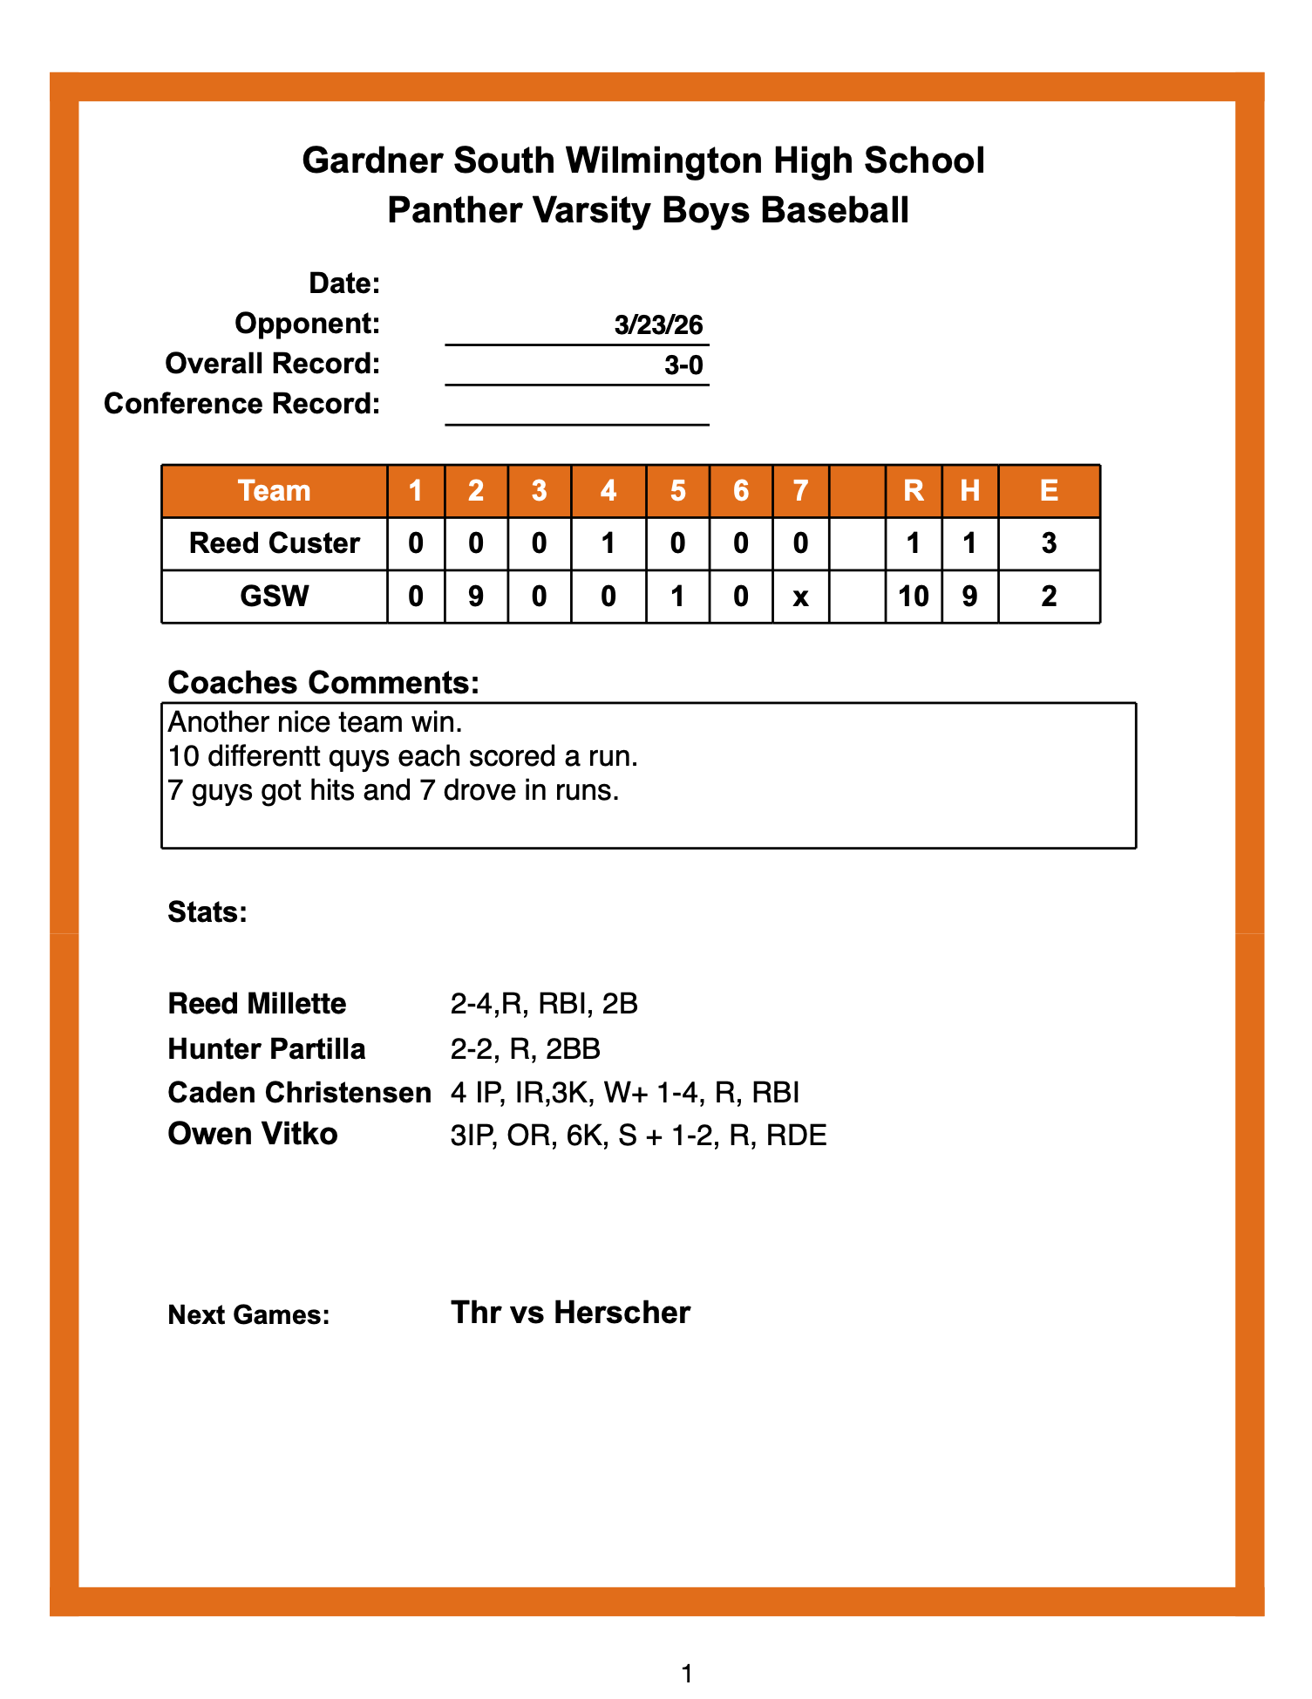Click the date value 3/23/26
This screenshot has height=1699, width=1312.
click(658, 325)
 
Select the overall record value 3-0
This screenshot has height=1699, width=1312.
click(683, 365)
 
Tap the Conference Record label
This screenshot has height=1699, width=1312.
click(242, 404)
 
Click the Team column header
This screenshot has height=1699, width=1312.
click(275, 491)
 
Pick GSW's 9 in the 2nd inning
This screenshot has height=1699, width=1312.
click(476, 597)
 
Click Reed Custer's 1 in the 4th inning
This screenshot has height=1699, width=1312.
click(608, 543)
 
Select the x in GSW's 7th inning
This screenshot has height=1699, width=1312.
click(800, 597)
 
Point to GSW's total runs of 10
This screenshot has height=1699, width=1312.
click(913, 597)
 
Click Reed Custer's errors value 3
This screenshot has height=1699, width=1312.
click(1049, 543)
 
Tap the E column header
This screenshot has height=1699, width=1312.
click(1049, 491)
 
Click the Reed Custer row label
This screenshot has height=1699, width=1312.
click(275, 543)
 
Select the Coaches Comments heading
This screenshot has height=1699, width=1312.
click(323, 682)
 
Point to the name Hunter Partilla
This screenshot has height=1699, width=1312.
click(267, 1048)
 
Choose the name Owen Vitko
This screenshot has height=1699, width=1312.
click(253, 1134)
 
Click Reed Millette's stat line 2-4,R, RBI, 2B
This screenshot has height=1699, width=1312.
click(544, 1004)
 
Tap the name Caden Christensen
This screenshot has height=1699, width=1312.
click(299, 1093)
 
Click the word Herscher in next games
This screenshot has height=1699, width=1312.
click(622, 1313)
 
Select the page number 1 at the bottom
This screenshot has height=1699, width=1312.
click(687, 1673)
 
